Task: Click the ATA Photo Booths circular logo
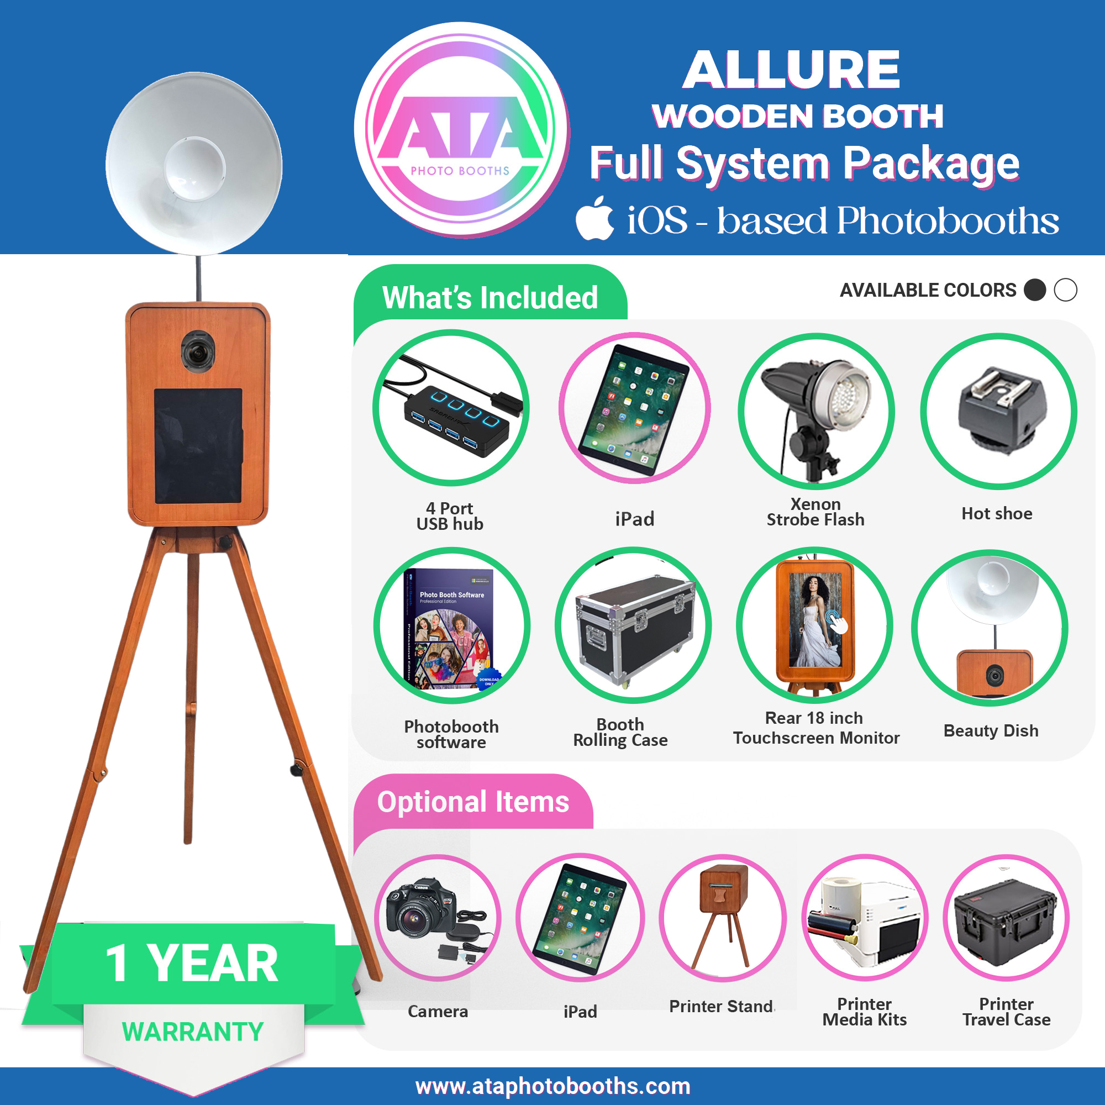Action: [x=460, y=130]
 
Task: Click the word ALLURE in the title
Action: [x=791, y=70]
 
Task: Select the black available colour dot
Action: [x=1035, y=290]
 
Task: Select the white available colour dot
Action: [x=1065, y=290]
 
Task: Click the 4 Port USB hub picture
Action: [x=451, y=408]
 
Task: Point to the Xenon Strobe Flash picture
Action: [x=816, y=411]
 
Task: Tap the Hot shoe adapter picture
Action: [x=998, y=411]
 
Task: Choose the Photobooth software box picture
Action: [x=452, y=626]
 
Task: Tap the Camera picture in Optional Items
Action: [x=438, y=917]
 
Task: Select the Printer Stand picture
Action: [x=723, y=917]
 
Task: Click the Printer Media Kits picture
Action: [x=865, y=917]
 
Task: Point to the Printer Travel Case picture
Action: [x=1006, y=917]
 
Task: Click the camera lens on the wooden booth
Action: [x=198, y=350]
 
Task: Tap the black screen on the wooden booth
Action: [x=198, y=445]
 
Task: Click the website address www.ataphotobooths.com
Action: [x=552, y=1086]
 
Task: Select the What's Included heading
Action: [x=490, y=297]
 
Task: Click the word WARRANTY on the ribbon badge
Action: [x=193, y=1032]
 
